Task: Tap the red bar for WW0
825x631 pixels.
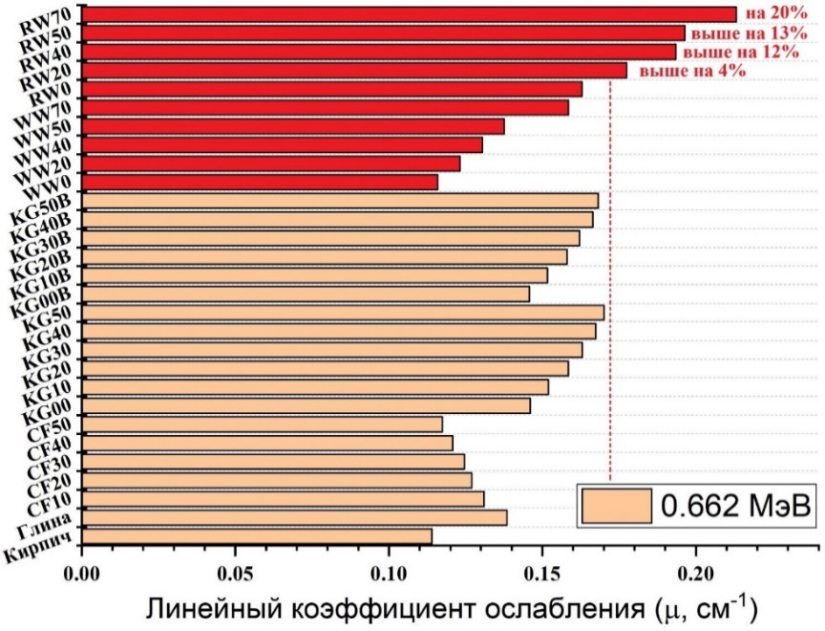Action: (260, 182)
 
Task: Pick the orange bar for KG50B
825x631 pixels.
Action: (340, 201)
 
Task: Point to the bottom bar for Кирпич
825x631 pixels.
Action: (257, 535)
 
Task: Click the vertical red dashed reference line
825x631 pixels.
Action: (610, 287)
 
